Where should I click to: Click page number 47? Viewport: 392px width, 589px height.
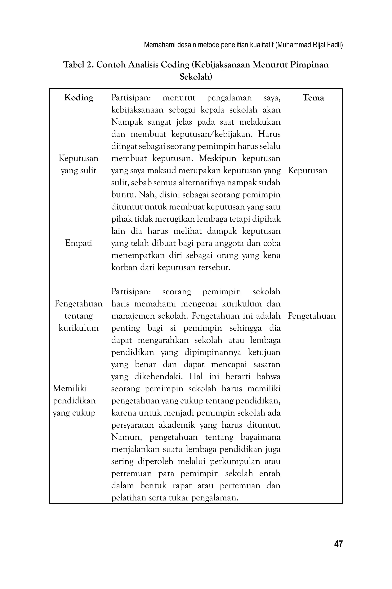click(338, 544)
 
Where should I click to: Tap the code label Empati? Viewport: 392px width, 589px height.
click(78, 243)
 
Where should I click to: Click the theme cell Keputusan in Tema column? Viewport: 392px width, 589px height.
click(308, 170)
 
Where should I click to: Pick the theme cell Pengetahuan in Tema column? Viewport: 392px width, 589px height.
click(311, 316)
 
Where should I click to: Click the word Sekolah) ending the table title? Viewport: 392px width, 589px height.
click(196, 77)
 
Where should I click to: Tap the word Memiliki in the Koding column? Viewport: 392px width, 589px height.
click(70, 389)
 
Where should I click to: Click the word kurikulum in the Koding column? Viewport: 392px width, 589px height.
click(78, 328)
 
